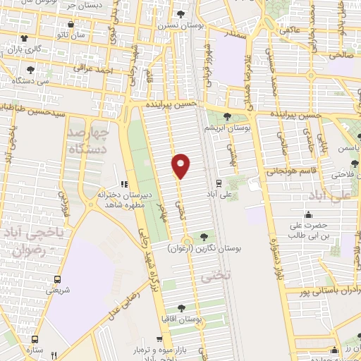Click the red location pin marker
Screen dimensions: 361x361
(181, 166)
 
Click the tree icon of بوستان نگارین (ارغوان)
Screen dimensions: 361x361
(204, 237)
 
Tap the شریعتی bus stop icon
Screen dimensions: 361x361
(58, 279)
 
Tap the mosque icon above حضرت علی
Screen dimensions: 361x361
(307, 216)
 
